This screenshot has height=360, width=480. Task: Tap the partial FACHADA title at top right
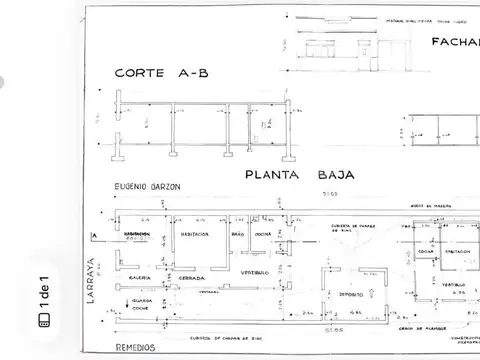455,42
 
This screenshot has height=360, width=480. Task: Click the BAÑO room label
238,234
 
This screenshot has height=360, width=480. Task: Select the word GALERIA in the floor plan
140,278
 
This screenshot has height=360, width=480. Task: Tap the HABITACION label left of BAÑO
193,234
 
